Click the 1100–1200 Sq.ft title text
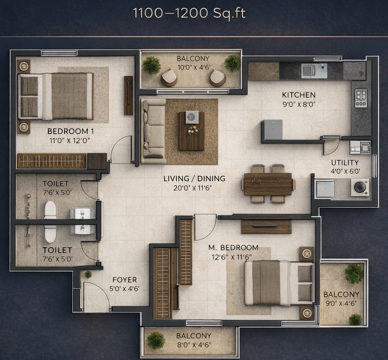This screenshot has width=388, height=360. coord(189,13)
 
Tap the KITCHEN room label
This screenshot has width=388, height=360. coord(298,95)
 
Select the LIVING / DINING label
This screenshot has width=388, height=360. coord(194,179)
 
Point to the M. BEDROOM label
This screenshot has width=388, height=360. coord(233,248)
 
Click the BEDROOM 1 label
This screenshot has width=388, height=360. coord(70,131)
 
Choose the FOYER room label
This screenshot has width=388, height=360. coord(124,280)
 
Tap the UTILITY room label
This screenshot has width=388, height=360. coord(345,163)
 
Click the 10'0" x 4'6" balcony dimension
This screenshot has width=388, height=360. coord(193,67)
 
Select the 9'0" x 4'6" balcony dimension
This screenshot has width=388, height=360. coord(341,303)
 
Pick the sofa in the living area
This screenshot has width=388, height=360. coord(153,131)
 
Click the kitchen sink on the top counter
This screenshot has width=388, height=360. coord(314,71)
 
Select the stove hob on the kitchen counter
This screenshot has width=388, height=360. coord(361,98)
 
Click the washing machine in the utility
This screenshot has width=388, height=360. coord(360,187)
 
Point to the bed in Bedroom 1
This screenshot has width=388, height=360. coord(55,96)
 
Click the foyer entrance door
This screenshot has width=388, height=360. coord(96,296)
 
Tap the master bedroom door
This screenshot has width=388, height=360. coord(205,226)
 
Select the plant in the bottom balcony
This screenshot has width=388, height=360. coord(156,340)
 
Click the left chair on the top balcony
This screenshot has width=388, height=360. coord(169,77)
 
